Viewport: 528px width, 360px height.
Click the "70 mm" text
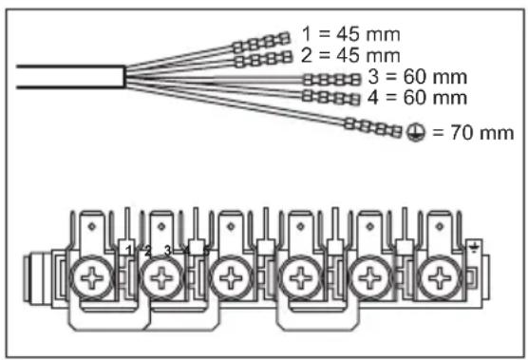click(480, 133)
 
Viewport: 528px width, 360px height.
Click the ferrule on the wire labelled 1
click(262, 43)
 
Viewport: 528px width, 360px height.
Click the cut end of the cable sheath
click(123, 77)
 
